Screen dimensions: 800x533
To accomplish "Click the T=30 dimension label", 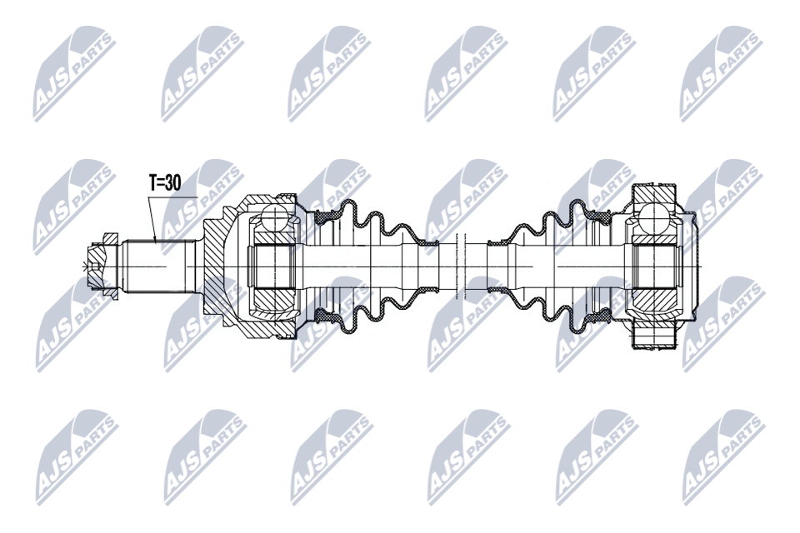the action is tap(165, 182).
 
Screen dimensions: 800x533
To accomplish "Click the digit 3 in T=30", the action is tap(167, 182).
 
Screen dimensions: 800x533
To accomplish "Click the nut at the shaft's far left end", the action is tap(103, 266).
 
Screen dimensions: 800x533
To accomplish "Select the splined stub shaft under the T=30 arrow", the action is tap(158, 266).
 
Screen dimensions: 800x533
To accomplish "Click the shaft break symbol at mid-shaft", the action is tap(462, 266).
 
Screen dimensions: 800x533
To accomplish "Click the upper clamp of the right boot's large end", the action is tap(599, 217).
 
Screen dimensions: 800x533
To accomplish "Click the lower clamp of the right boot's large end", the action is tap(599, 315).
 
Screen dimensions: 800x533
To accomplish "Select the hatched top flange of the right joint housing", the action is tap(655, 194).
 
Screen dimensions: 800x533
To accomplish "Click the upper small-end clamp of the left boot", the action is tap(427, 242).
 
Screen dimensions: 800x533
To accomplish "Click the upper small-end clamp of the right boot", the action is tap(498, 242).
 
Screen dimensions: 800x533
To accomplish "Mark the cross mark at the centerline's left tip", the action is tap(82, 266).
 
